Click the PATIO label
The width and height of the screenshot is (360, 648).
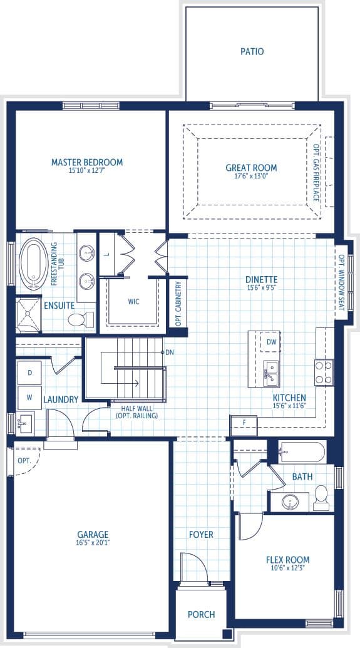[x=252, y=52]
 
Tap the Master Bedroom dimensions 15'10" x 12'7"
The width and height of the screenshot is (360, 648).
[x=87, y=170]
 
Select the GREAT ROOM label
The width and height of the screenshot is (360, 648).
[x=251, y=168]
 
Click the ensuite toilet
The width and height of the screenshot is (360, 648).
[x=81, y=319]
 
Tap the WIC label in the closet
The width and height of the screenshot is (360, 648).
[x=133, y=302]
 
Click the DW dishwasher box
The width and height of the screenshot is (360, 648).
[x=271, y=342]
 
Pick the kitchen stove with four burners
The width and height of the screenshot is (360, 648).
[x=324, y=373]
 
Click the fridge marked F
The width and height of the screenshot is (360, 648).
[x=244, y=425]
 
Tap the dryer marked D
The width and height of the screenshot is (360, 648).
[x=29, y=373]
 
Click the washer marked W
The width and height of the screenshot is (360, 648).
[x=29, y=398]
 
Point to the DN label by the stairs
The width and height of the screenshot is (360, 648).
[x=170, y=352]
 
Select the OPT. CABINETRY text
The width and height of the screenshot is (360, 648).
[x=178, y=304]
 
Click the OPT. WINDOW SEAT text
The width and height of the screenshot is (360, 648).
[x=342, y=282]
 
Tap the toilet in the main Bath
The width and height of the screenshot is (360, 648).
[x=321, y=498]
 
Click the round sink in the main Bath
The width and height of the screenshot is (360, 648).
[x=291, y=502]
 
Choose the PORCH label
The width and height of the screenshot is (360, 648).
[x=201, y=615]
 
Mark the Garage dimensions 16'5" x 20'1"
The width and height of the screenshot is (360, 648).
[x=93, y=543]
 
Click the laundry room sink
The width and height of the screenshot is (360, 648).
[x=25, y=423]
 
